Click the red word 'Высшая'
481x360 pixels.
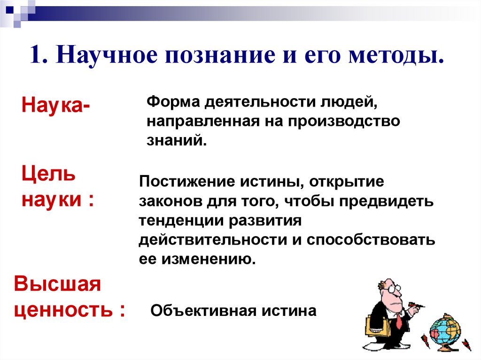pos(58,284)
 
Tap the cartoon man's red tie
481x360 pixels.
pos(399,321)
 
